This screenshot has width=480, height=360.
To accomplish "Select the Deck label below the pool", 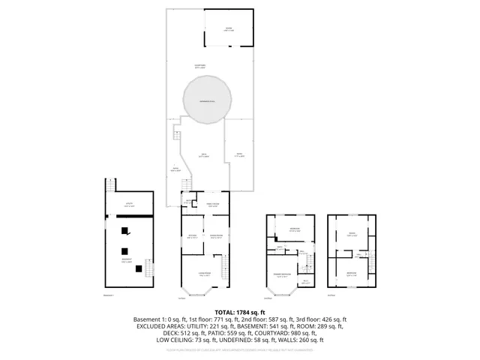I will pyautogui.click(x=202, y=155).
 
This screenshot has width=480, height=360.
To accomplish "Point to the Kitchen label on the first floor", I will pyautogui.click(x=192, y=236).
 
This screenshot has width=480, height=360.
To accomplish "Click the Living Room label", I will pyautogui.click(x=204, y=274).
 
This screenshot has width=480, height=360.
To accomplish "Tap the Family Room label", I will pyautogui.click(x=213, y=205).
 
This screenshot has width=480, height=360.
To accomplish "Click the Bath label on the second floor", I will pyautogui.click(x=280, y=248).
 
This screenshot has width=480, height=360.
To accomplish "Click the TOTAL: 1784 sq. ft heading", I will pyautogui.click(x=240, y=311).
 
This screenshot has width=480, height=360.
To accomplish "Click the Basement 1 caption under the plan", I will pyautogui.click(x=111, y=295).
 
